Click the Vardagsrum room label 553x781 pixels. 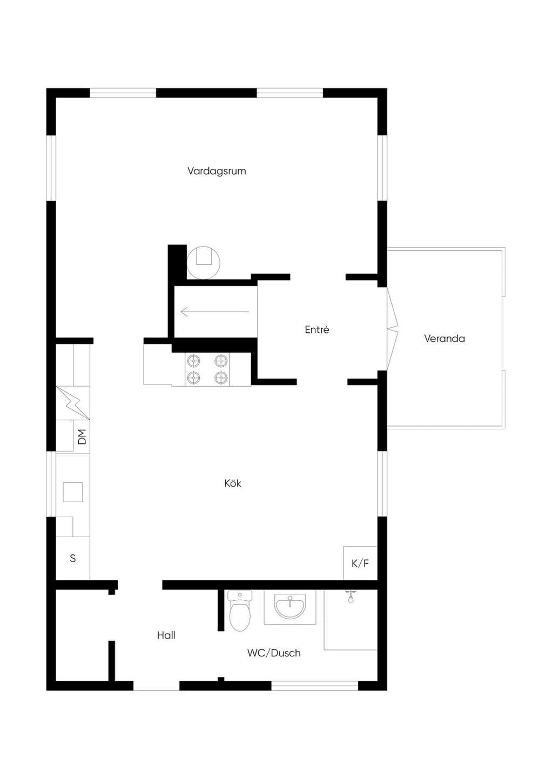tap(217, 171)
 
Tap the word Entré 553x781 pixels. tap(316, 330)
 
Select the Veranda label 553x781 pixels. tap(444, 338)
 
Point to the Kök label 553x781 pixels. tap(233, 483)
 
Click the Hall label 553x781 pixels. tap(166, 635)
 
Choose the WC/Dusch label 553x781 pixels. tap(274, 653)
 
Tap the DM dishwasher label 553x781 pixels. tap(82, 437)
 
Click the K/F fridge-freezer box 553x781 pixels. tap(360, 563)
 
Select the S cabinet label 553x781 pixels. tap(72, 558)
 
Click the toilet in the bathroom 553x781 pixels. tap(240, 611)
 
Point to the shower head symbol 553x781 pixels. tap(350, 595)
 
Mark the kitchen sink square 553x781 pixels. tap(72, 492)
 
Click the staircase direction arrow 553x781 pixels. tap(215, 311)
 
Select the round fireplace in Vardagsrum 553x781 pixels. tap(203, 263)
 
